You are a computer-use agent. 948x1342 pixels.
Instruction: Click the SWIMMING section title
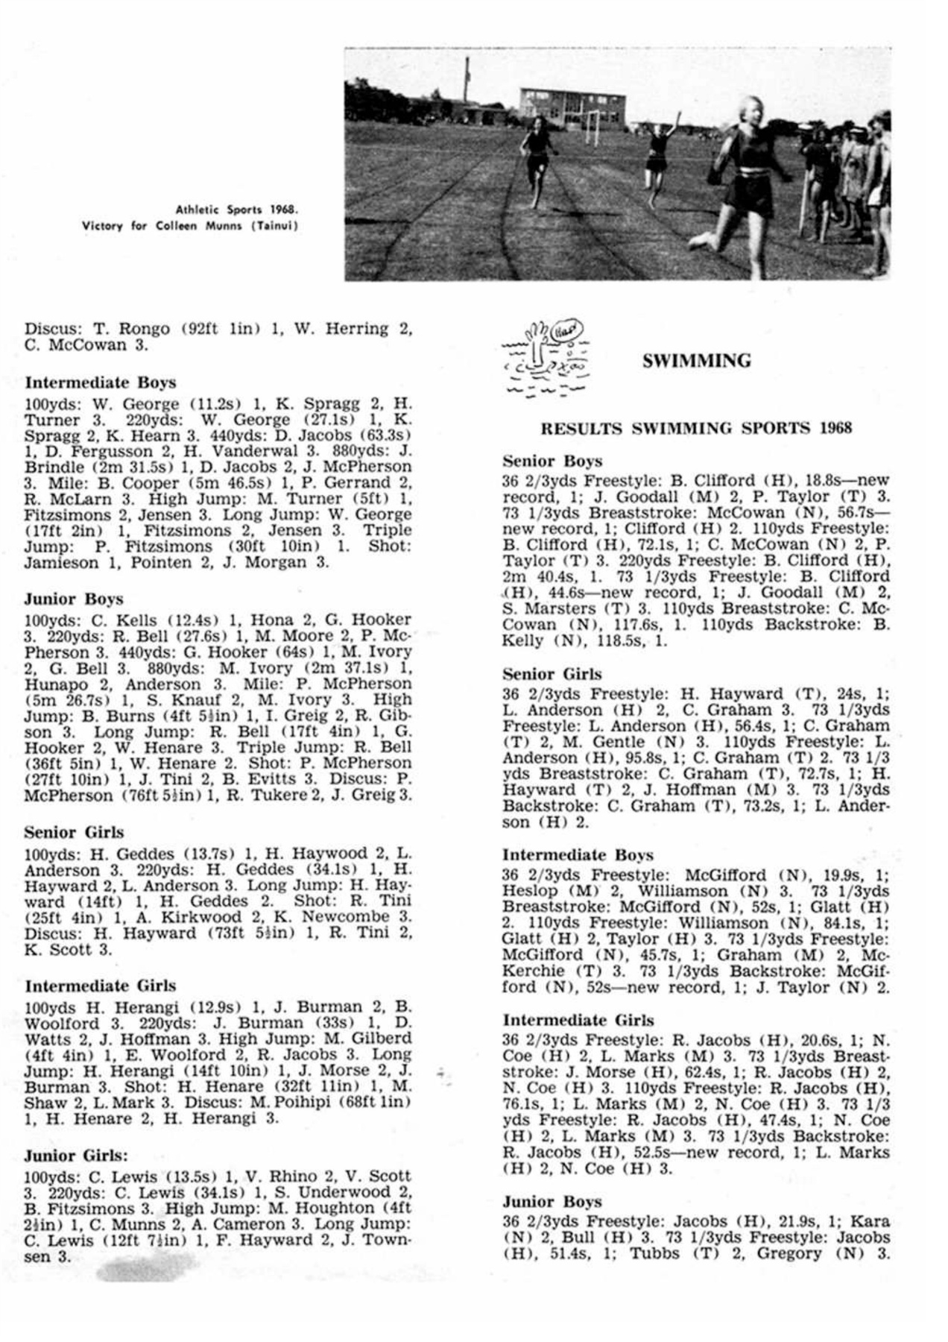pos(695,361)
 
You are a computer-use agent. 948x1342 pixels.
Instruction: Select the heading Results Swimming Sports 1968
pos(695,428)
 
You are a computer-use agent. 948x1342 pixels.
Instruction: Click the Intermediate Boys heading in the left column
pos(100,383)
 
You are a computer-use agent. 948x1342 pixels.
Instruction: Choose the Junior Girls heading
pos(76,1156)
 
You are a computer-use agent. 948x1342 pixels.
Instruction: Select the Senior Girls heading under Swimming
pos(552,674)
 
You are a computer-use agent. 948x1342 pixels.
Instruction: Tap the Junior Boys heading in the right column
pos(551,1201)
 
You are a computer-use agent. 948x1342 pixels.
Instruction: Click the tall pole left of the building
pos(467,82)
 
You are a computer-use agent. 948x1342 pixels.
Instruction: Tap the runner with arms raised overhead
pos(660,157)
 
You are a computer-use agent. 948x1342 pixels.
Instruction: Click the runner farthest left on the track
pos(536,164)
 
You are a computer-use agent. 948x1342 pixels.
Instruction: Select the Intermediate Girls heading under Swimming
pos(578,1020)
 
